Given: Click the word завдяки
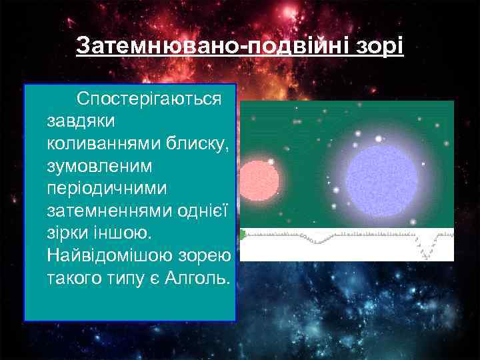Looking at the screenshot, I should click(x=81, y=121).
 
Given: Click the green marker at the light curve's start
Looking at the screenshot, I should click(x=243, y=234).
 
